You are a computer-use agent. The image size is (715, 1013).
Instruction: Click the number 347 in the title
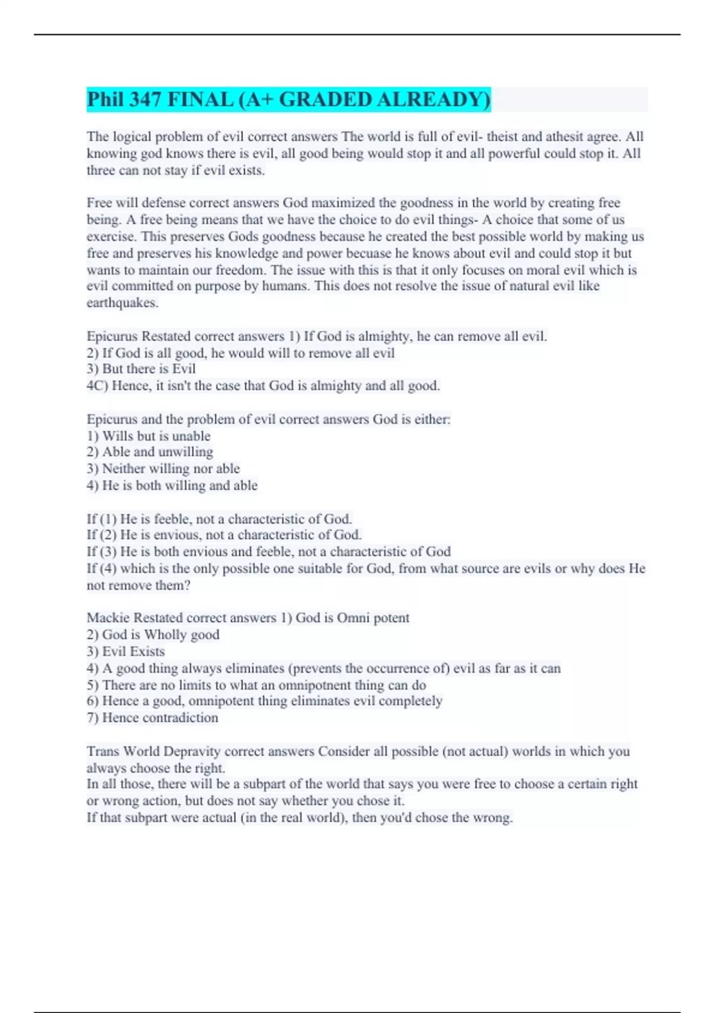click(x=144, y=99)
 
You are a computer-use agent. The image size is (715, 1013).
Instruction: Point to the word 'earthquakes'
click(x=122, y=303)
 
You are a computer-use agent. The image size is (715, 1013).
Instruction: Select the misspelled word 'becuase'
click(x=368, y=253)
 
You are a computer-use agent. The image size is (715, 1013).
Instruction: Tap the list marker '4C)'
click(x=97, y=386)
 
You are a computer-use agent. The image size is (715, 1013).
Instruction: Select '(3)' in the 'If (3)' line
click(x=108, y=552)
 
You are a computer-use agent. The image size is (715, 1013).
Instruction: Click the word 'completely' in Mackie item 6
click(x=411, y=701)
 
